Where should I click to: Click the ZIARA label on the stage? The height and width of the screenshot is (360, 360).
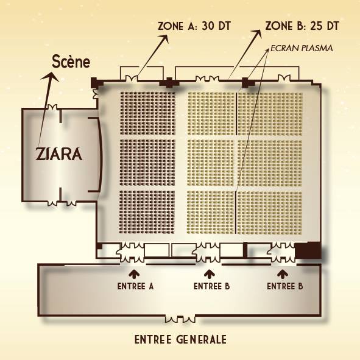coord(59,154)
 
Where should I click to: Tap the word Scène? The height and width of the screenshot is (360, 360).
coord(71,62)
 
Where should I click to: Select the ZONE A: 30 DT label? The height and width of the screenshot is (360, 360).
coord(194,26)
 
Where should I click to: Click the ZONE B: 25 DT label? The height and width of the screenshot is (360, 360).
coord(302,26)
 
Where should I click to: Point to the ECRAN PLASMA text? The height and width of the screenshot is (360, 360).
coord(302,48)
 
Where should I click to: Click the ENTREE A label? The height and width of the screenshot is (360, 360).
coord(135,286)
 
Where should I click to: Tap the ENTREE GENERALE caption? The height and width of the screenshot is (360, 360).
coord(180,340)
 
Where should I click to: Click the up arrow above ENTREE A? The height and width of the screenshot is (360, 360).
coord(134,274)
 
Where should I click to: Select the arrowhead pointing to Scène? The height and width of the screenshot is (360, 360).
coord(51,77)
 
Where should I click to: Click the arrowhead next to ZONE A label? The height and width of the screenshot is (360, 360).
coord(164,38)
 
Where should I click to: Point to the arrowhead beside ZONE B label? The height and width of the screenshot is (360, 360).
coord(257,34)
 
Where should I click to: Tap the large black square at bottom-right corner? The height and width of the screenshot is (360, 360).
coord(308,250)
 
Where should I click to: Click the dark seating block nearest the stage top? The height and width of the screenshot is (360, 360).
coord(147,113)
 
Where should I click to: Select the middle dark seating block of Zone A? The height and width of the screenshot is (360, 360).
coord(147,162)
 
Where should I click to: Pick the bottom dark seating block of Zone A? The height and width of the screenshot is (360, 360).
coord(147,212)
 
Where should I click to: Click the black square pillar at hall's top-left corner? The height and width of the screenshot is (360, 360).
coord(94,82)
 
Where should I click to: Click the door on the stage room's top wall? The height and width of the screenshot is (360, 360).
coord(52,107)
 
